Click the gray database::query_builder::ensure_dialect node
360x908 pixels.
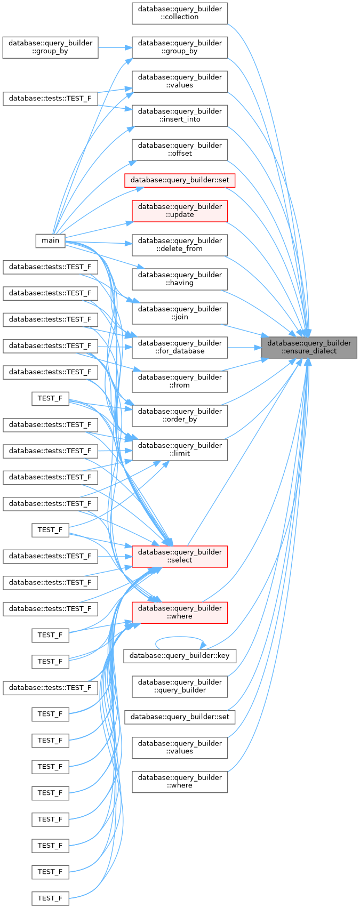(309, 348)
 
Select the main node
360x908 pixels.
(50, 240)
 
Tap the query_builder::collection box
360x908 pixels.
(180, 13)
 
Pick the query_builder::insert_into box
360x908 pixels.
(180, 116)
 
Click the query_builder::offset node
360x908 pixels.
(180, 150)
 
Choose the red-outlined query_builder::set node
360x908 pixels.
(180, 180)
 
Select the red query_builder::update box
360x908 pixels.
(180, 211)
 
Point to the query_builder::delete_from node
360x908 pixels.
(180, 245)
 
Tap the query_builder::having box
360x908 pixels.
(180, 279)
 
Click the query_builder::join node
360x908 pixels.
(180, 313)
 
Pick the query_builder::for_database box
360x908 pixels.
(180, 348)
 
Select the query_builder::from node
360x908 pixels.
(180, 381)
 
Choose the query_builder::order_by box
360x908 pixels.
(180, 415)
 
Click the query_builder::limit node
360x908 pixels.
(180, 449)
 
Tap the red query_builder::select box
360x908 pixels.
(180, 556)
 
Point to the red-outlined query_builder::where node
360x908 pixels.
(180, 613)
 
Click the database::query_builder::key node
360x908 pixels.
(180, 655)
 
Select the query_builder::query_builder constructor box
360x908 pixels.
(180, 686)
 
